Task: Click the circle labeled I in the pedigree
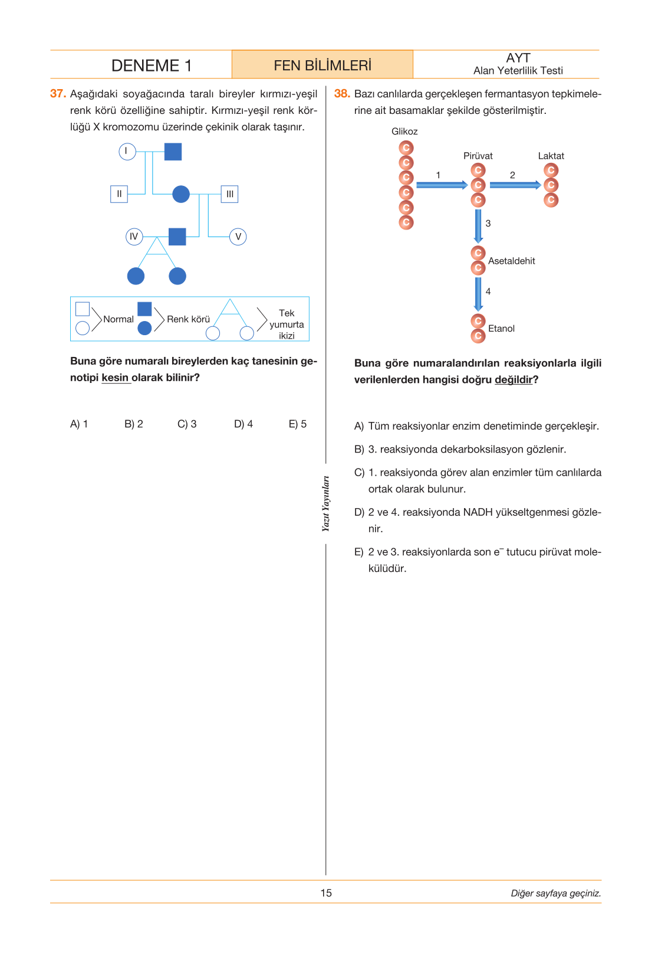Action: tap(127, 152)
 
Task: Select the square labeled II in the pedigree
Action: tap(119, 194)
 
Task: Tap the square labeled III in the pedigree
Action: tap(229, 194)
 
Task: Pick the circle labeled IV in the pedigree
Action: tap(134, 237)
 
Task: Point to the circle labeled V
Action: tap(238, 237)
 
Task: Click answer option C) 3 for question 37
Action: tap(187, 424)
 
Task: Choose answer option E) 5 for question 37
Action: tap(298, 424)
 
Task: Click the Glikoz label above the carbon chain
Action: tap(404, 132)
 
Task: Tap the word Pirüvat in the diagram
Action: tap(478, 156)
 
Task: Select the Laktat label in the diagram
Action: tap(551, 156)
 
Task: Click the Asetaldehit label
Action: tap(512, 261)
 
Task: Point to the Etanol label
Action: tap(501, 329)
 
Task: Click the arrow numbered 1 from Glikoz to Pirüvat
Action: tap(442, 185)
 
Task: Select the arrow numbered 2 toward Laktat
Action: tap(515, 185)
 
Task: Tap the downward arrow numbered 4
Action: tap(478, 294)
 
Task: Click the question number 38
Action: tap(342, 94)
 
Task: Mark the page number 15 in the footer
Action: tap(326, 893)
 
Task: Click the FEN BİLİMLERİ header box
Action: tap(323, 65)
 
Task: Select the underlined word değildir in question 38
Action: tap(514, 379)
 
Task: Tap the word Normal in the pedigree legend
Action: tap(118, 319)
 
